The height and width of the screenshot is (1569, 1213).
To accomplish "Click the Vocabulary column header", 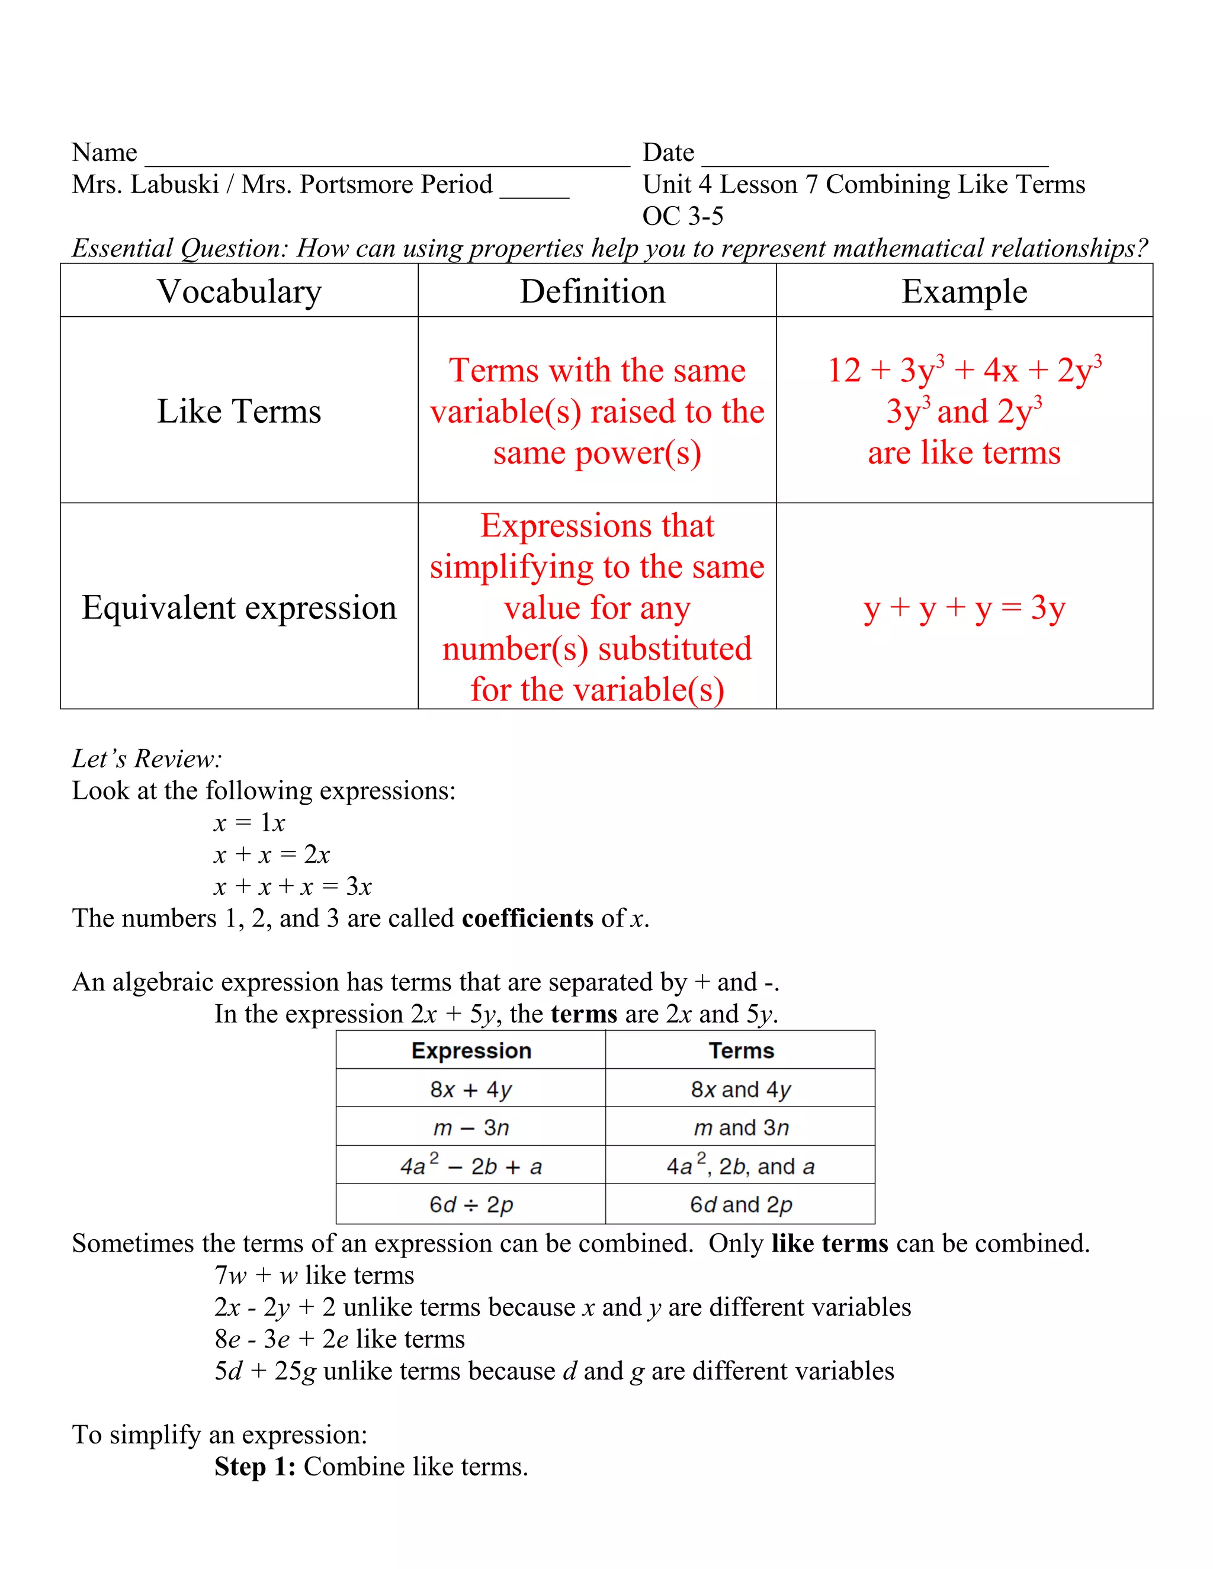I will [239, 292].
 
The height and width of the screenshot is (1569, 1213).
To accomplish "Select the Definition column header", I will [593, 292].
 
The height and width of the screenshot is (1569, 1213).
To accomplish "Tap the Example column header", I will [964, 292].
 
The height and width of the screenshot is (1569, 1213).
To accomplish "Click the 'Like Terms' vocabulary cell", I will [239, 411].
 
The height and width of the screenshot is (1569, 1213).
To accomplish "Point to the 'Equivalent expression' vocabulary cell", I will [239, 608].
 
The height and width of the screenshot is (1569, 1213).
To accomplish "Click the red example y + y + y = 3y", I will [964, 609].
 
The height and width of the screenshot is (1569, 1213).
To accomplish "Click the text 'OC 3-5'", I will [683, 216].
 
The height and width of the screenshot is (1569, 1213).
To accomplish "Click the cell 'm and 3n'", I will [741, 1128].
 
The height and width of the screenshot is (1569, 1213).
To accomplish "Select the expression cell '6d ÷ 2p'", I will [471, 1205].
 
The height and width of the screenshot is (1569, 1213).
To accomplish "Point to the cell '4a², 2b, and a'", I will [741, 1166].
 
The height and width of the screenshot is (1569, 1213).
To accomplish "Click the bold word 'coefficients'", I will [528, 919].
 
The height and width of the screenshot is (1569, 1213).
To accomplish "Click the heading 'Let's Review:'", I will [147, 758].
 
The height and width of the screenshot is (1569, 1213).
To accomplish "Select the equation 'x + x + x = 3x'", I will [293, 886].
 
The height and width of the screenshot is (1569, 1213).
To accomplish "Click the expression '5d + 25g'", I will [265, 1371].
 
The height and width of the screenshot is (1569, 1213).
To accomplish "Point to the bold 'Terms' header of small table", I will [741, 1051].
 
